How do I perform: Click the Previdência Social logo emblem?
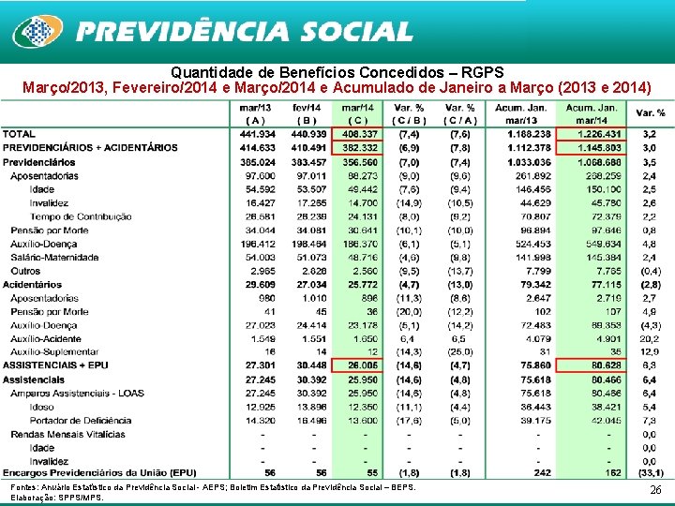coord(35,31)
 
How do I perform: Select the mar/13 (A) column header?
coord(255,113)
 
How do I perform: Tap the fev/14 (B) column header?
coord(306,113)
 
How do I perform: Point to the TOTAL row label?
coord(20,134)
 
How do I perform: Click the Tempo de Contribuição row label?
coord(81,216)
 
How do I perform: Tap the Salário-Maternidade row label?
coord(55,257)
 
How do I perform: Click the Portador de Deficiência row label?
coord(79,420)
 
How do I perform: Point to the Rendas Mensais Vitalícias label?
coord(68,434)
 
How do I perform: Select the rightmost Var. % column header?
coord(651,113)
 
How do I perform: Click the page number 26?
coord(654,490)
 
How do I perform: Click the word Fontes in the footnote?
coord(20,489)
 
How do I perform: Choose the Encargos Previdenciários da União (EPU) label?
coord(99,474)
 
